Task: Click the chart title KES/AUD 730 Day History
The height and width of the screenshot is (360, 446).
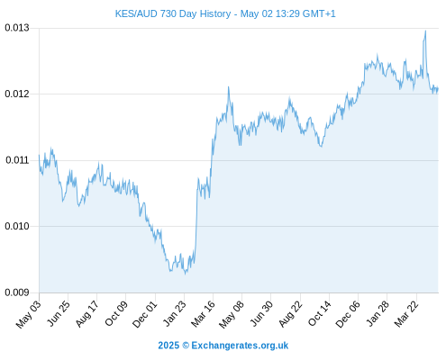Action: click(173, 13)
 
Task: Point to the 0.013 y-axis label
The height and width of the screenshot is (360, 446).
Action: click(17, 28)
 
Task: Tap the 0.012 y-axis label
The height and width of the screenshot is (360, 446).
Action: click(17, 94)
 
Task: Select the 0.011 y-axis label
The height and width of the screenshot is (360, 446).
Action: click(17, 160)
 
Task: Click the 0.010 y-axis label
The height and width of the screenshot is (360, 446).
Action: click(17, 226)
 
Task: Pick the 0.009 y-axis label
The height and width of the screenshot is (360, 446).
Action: click(17, 292)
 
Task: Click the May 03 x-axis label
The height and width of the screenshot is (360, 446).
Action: click(28, 314)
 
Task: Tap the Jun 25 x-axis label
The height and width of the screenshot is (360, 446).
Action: click(59, 313)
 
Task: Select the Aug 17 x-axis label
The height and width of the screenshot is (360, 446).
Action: click(87, 314)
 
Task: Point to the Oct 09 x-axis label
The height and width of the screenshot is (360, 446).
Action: click(116, 313)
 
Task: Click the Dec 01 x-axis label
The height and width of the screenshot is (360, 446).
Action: click(145, 314)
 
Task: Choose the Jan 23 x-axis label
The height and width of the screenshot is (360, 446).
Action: click(174, 314)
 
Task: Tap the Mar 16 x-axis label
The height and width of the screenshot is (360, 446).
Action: click(203, 314)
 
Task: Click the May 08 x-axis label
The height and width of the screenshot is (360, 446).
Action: click(232, 314)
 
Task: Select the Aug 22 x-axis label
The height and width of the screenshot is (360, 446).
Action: click(290, 314)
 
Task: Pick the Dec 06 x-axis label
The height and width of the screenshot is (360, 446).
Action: click(348, 314)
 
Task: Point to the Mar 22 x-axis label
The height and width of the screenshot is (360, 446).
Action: click(406, 314)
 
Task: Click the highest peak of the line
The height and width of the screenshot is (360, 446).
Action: click(425, 31)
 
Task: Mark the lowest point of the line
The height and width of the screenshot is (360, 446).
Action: click(186, 274)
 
